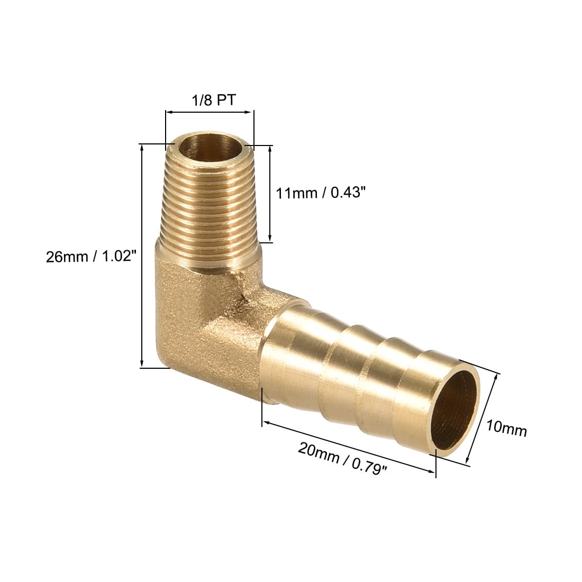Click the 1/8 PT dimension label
213,100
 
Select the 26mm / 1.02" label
92,256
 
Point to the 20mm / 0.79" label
343,458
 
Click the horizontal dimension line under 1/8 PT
210,112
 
